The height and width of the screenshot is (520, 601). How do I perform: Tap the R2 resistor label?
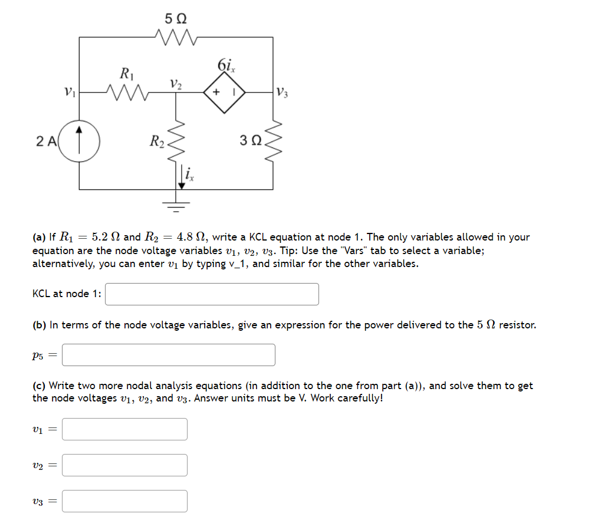pos(157,141)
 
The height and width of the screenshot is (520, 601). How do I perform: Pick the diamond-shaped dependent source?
pos(225,93)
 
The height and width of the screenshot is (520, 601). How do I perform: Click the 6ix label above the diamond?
pos(226,65)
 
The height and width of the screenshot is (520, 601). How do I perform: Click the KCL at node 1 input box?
pos(212,294)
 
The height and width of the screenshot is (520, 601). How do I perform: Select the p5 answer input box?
pos(168,355)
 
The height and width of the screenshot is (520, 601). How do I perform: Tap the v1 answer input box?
pos(124,429)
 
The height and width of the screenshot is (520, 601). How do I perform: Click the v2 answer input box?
pos(124,465)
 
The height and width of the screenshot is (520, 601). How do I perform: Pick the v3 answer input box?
pos(124,501)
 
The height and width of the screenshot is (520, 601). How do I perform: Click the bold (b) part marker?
pos(40,325)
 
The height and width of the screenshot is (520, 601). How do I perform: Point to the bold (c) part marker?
pos(39,386)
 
